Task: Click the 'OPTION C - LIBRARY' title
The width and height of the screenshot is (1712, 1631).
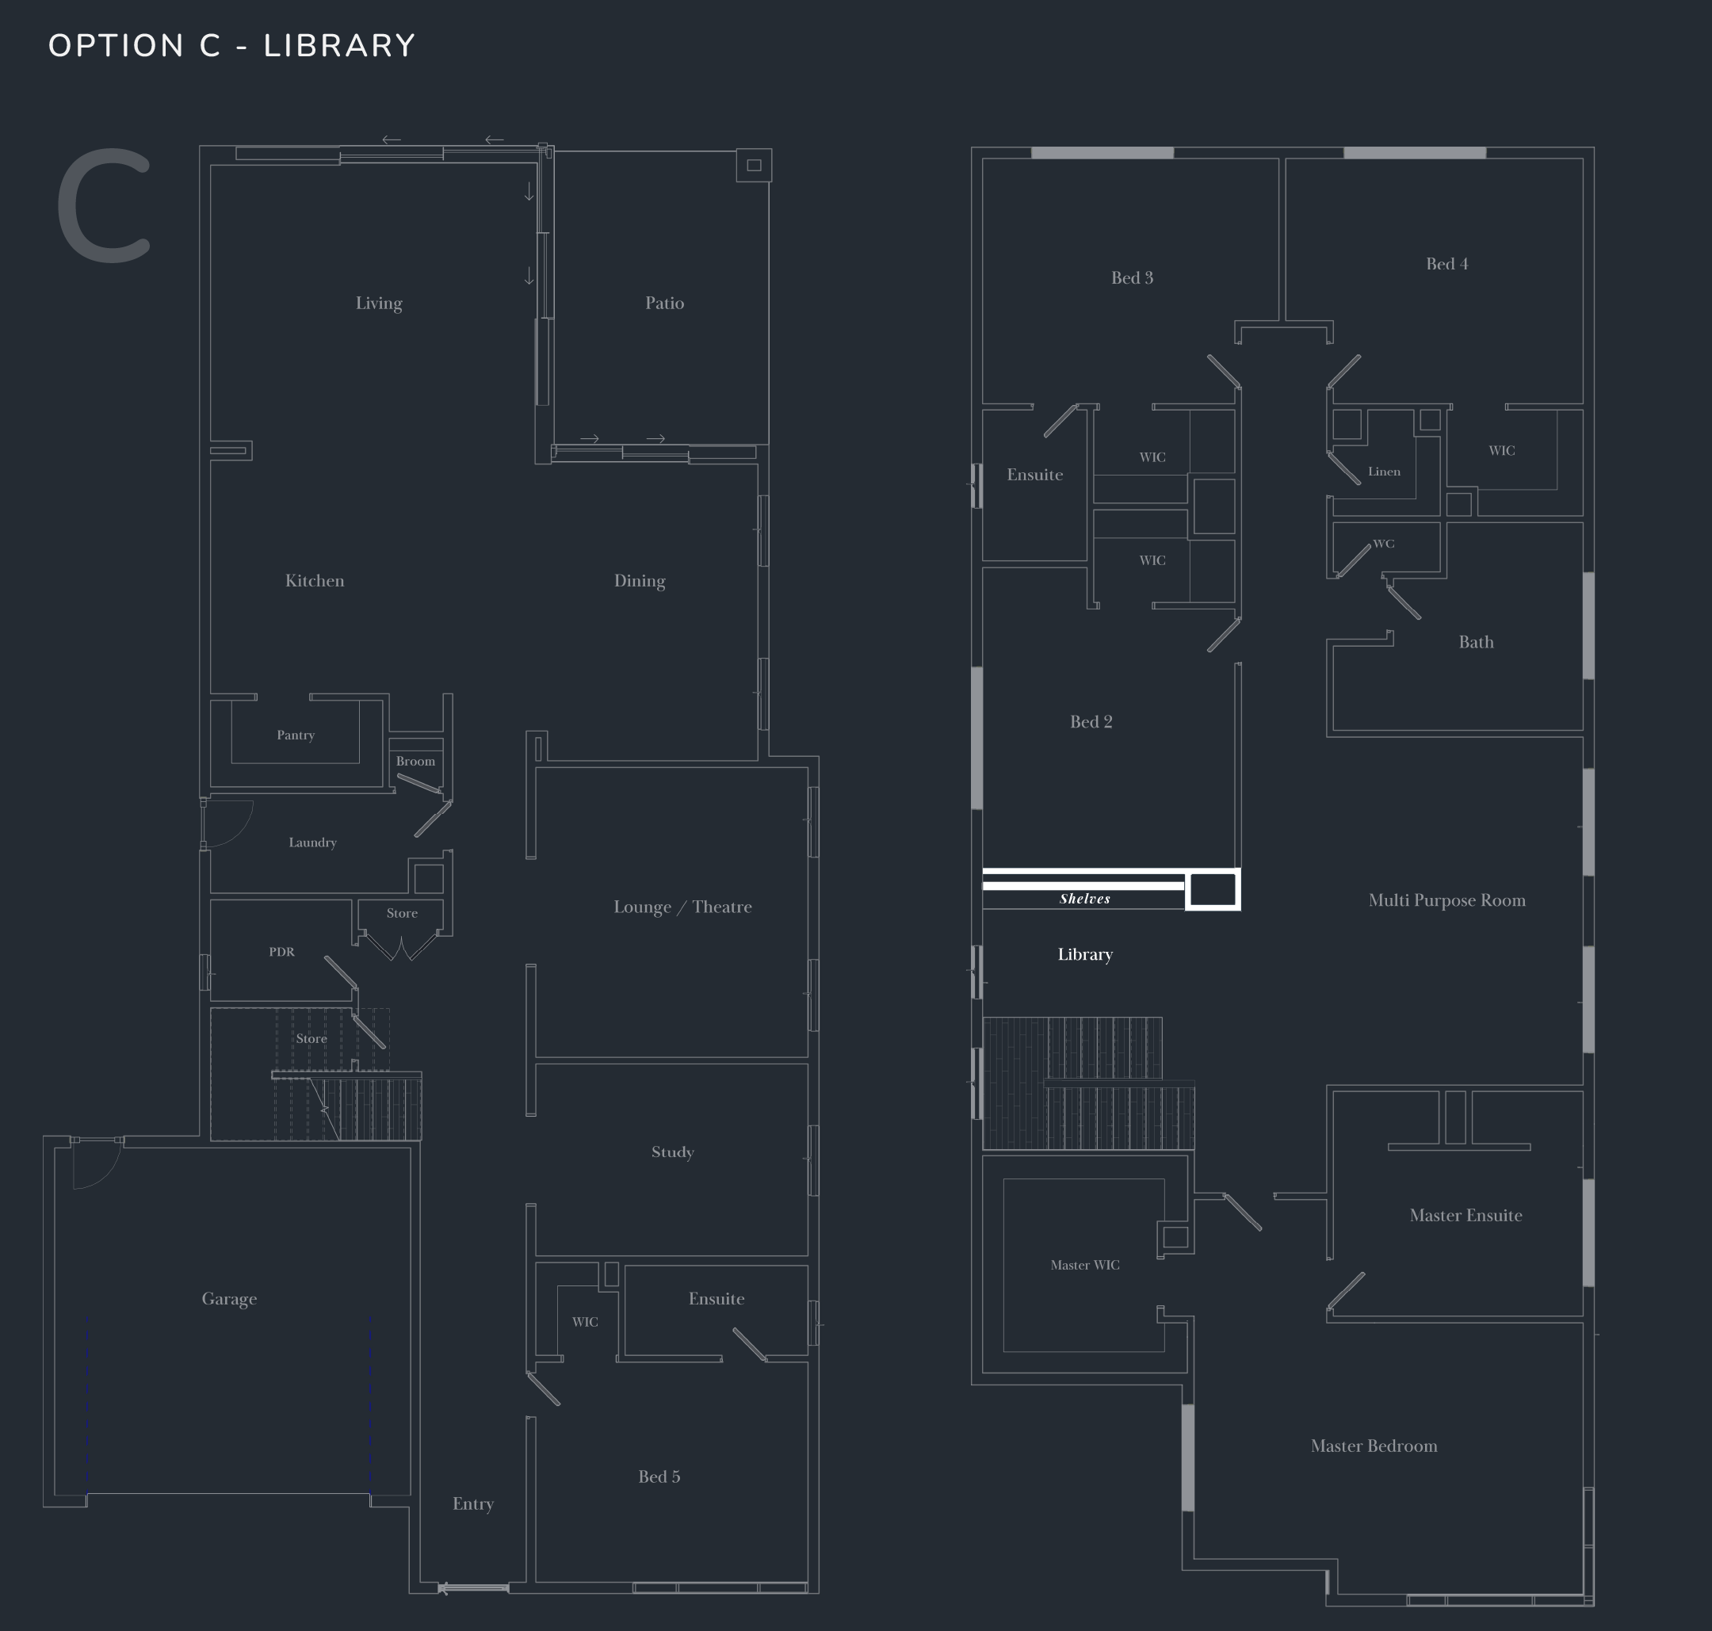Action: [x=232, y=46]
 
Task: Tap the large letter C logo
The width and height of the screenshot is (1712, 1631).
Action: [x=105, y=205]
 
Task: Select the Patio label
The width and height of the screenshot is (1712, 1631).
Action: [x=664, y=304]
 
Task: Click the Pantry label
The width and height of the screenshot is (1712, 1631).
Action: [x=296, y=735]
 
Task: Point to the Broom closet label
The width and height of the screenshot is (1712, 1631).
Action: [x=415, y=762]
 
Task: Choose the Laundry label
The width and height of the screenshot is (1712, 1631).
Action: [x=312, y=842]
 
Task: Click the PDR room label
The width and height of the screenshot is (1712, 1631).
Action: [x=281, y=952]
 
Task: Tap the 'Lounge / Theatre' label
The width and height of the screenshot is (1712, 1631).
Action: [x=682, y=907]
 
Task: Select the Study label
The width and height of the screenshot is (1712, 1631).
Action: [x=672, y=1152]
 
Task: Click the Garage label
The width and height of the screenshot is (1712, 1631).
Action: [x=230, y=1299]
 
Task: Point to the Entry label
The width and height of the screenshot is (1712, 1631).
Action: [x=473, y=1504]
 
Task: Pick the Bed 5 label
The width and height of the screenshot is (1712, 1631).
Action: [x=659, y=1477]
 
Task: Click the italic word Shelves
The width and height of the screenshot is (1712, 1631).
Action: [x=1084, y=899]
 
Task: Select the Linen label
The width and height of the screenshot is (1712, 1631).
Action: [x=1384, y=472]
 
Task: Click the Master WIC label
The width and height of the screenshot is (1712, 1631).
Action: [x=1085, y=1265]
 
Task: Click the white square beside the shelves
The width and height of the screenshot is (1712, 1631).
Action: [x=1213, y=890]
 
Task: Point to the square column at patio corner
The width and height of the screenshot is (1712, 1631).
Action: [x=754, y=165]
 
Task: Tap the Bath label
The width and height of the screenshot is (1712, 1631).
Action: [x=1476, y=643]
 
